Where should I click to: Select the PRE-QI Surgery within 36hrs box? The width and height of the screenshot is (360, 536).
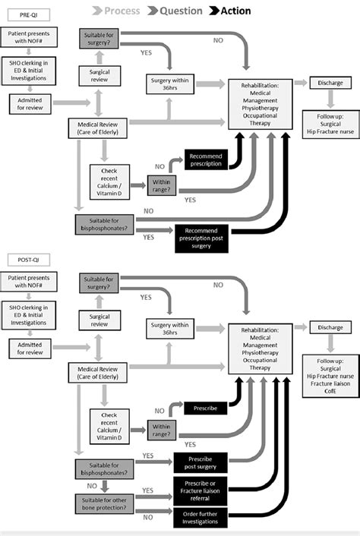tap(172, 83)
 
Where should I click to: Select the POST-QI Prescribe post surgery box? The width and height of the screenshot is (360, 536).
tap(203, 462)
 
